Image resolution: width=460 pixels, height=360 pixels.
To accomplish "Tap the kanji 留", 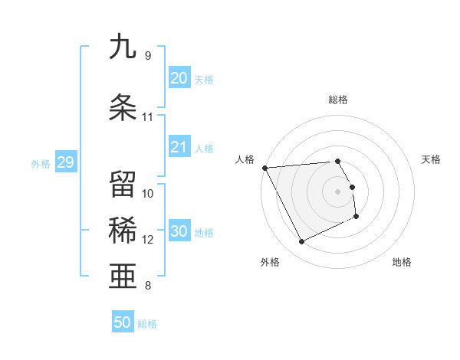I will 123,185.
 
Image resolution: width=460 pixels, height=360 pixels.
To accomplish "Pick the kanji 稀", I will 123,231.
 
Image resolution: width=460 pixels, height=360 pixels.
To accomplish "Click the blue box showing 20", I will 179,78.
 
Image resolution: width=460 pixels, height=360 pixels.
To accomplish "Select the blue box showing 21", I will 179,147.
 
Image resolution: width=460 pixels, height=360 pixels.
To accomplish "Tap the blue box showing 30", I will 179,231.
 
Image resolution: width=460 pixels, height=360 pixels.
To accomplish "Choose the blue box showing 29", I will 65,162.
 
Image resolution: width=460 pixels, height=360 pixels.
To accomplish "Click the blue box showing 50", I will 123,322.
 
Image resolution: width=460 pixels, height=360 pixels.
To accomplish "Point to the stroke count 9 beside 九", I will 147,55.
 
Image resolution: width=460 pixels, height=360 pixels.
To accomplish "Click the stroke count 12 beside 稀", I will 147,240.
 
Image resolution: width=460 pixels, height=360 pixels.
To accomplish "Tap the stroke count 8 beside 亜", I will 147,286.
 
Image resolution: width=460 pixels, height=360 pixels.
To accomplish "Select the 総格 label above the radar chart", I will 338,100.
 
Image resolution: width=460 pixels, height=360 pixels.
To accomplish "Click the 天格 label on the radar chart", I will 432,159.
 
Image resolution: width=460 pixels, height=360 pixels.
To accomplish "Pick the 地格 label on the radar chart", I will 402,262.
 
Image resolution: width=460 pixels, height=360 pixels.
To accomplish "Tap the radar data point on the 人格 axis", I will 264,168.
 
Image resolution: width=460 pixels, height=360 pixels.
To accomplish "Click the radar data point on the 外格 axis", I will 301,242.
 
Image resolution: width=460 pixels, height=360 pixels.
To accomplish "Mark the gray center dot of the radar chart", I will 338,191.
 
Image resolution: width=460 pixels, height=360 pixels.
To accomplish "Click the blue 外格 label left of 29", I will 41,163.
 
